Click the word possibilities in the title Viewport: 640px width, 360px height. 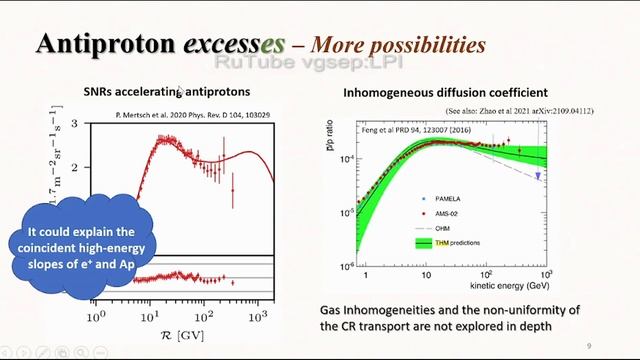(428, 46)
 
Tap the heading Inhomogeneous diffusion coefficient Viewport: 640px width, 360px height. (438, 93)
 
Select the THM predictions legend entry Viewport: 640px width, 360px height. (442, 243)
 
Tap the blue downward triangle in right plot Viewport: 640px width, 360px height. (538, 176)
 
